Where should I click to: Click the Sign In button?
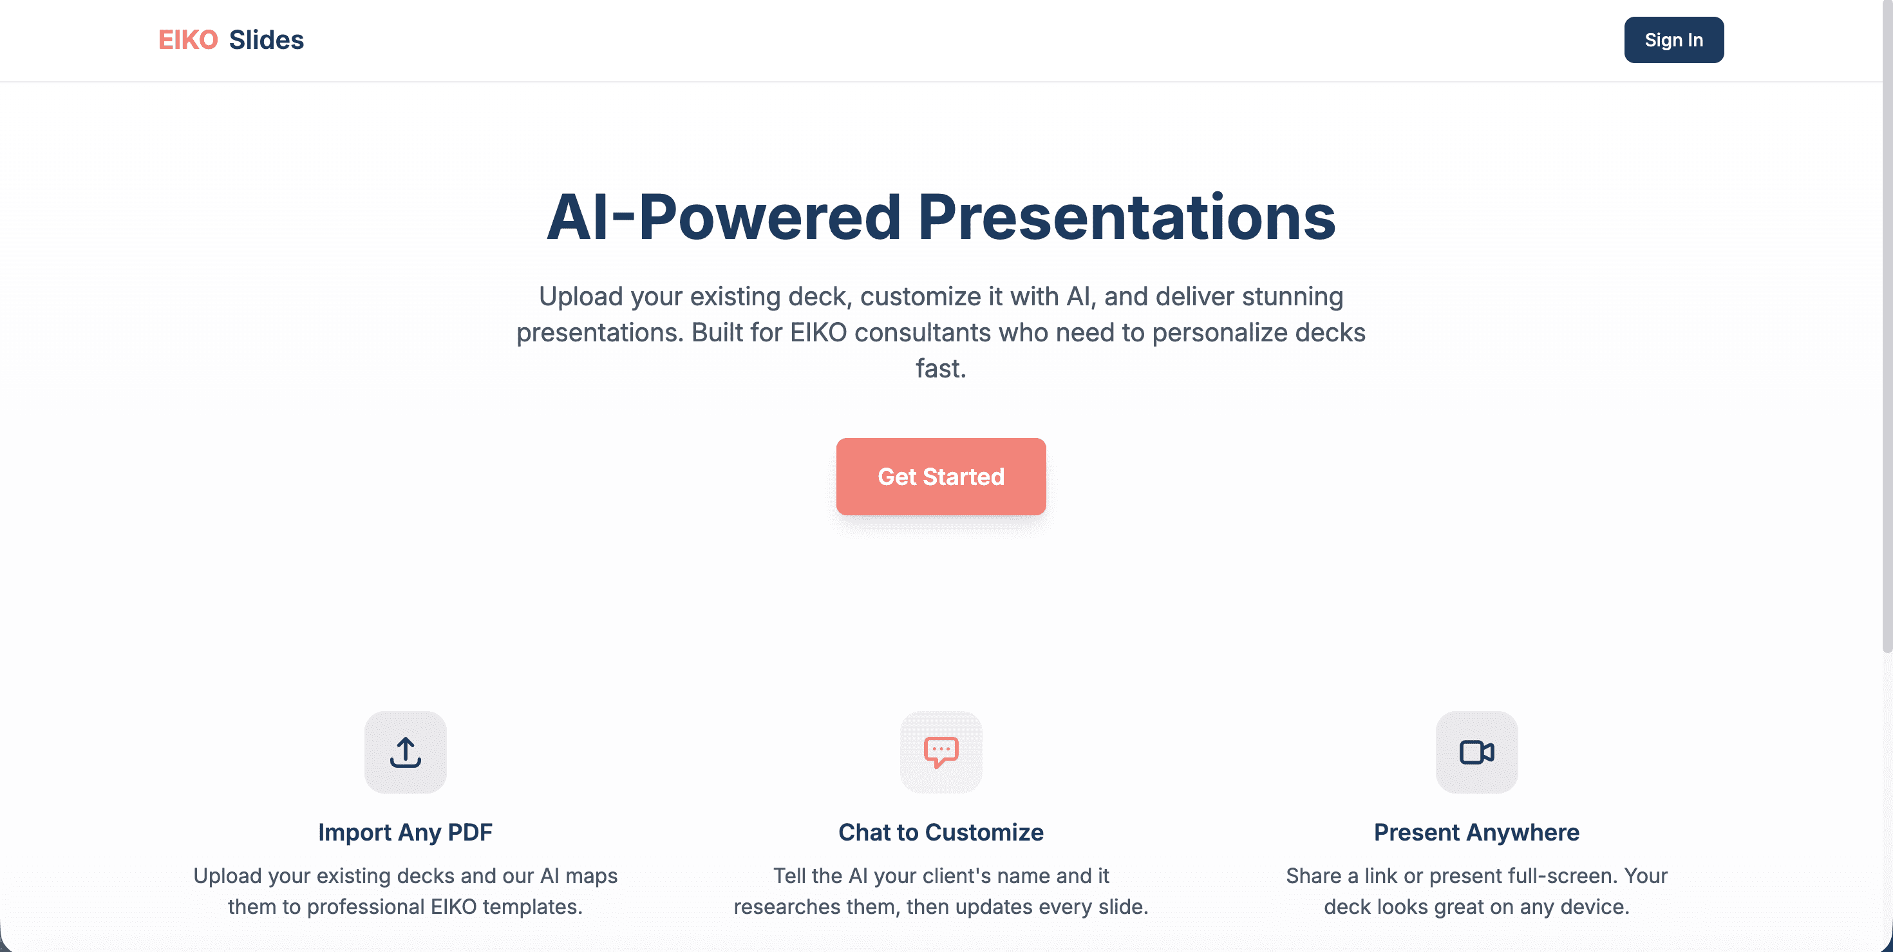(1673, 40)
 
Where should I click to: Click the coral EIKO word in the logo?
(188, 40)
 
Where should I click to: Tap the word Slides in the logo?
(266, 40)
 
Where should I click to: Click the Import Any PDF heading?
(406, 832)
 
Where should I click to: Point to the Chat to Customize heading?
(941, 832)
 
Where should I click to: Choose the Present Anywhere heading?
(1476, 832)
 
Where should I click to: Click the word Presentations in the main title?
(1127, 217)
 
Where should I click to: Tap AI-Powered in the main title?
(724, 217)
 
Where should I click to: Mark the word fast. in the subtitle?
(941, 368)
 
